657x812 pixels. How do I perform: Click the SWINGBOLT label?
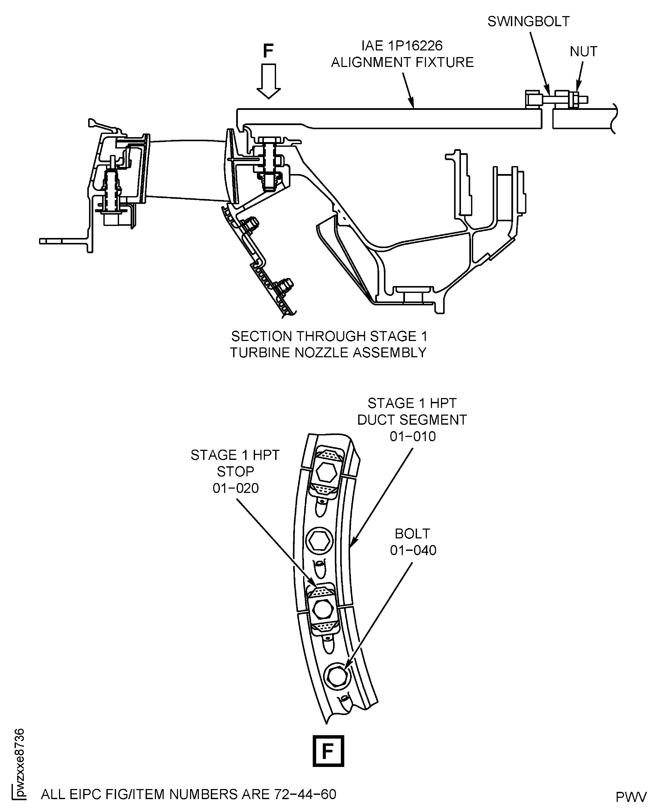[x=528, y=22]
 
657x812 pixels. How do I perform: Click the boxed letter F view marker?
[x=328, y=751]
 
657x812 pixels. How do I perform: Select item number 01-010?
[x=412, y=436]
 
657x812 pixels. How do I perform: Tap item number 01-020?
[x=235, y=488]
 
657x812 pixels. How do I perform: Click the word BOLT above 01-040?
[x=412, y=533]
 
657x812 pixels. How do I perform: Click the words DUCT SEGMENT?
[x=412, y=420]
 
